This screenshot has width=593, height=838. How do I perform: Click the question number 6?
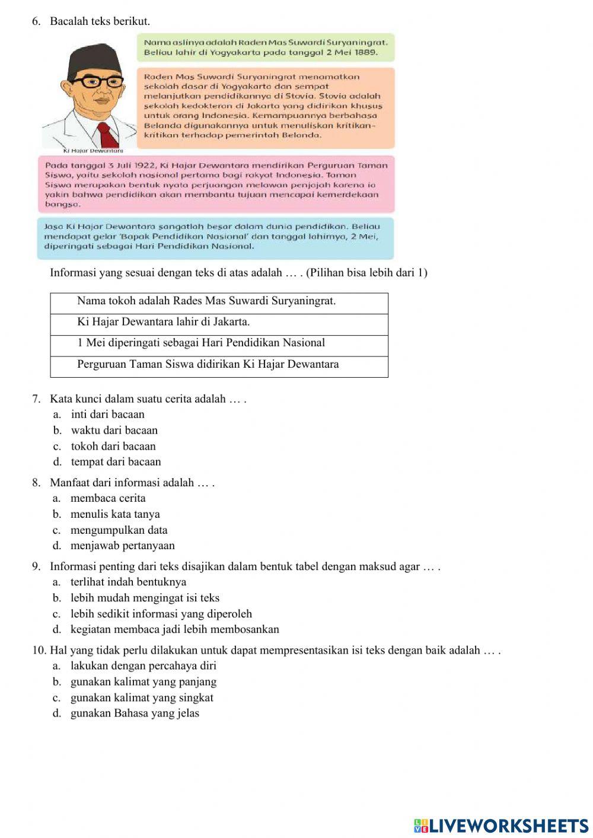pyautogui.click(x=36, y=21)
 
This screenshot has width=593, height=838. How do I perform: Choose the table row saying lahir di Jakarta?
pyautogui.click(x=219, y=322)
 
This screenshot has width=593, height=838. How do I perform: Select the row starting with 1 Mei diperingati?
pyautogui.click(x=219, y=343)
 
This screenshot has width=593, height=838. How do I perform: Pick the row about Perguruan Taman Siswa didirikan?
pyautogui.click(x=219, y=364)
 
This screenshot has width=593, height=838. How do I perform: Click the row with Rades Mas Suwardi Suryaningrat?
pyautogui.click(x=219, y=301)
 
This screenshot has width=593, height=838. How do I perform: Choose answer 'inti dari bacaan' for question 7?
pyautogui.click(x=107, y=415)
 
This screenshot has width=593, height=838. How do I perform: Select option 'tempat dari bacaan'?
pyautogui.click(x=116, y=461)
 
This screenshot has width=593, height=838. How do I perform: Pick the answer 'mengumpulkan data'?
pyautogui.click(x=119, y=530)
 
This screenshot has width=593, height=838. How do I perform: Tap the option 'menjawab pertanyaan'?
pyautogui.click(x=122, y=546)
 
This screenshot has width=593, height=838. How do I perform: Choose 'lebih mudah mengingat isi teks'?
pyautogui.click(x=145, y=598)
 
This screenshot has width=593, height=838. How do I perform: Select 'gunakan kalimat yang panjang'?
pyautogui.click(x=143, y=682)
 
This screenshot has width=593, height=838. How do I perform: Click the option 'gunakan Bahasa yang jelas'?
pyautogui.click(x=135, y=713)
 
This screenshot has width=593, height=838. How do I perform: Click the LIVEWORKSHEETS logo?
pyautogui.click(x=501, y=826)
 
